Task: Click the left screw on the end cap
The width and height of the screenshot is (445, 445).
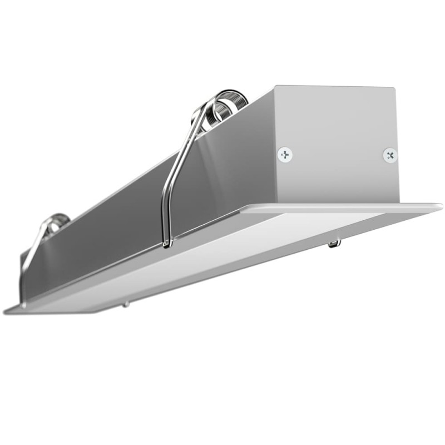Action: tap(285, 154)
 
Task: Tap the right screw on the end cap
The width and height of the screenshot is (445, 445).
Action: tap(390, 154)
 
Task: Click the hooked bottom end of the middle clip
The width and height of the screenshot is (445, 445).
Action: tap(167, 243)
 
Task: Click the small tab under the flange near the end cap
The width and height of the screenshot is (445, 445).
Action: tap(333, 243)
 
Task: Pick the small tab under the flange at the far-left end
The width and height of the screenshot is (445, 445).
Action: tap(126, 304)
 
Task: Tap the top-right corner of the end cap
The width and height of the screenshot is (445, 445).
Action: tap(395, 89)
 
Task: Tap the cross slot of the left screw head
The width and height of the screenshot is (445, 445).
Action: tap(285, 154)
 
